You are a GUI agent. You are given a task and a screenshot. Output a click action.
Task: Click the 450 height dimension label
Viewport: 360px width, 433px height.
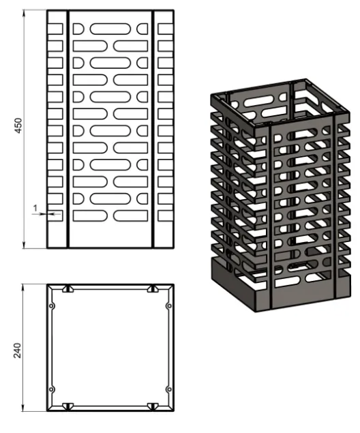pyautogui.click(x=18, y=125)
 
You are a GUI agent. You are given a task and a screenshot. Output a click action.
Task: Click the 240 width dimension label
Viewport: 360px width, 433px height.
pyautogui.click(x=18, y=350)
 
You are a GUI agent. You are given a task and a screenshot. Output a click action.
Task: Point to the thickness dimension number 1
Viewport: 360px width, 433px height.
pyautogui.click(x=35, y=208)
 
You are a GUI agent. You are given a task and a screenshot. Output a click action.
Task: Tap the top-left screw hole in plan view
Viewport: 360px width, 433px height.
pyautogui.click(x=52, y=306)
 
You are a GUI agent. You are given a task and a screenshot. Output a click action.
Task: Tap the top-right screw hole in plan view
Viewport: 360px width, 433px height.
pyautogui.click(x=169, y=306)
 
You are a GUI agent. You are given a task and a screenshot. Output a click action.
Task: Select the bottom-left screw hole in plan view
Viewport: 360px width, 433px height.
pyautogui.click(x=52, y=389)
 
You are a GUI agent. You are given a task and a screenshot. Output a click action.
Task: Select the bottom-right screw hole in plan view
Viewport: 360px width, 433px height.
pyautogui.click(x=169, y=389)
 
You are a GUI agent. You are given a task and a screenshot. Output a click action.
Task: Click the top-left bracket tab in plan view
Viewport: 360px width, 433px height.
pyautogui.click(x=68, y=289)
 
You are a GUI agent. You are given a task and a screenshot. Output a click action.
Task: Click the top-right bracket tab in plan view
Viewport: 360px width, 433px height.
pyautogui.click(x=153, y=289)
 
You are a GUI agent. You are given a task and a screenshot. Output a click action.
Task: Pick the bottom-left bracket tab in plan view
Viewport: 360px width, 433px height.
pyautogui.click(x=68, y=406)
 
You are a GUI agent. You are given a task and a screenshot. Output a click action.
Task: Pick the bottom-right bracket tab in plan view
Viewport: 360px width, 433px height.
pyautogui.click(x=153, y=406)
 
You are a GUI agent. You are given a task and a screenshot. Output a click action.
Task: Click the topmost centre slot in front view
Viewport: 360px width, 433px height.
pyautogui.click(x=110, y=29)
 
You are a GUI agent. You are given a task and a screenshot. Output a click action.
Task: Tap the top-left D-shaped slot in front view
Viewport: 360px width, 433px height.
pyautogui.click(x=78, y=29)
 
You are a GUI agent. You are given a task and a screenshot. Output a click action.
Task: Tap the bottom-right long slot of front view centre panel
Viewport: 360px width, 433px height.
pyautogui.click(x=131, y=216)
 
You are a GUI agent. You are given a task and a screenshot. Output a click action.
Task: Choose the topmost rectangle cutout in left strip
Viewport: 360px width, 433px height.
pyautogui.click(x=55, y=29)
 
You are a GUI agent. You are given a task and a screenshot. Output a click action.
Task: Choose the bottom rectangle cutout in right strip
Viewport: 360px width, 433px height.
pyautogui.click(x=166, y=216)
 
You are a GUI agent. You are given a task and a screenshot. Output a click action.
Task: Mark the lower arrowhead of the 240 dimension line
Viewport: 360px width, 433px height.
pyautogui.click(x=23, y=408)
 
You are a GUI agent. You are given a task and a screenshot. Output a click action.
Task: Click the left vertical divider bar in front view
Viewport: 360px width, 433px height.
pyautogui.click(x=68, y=130)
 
